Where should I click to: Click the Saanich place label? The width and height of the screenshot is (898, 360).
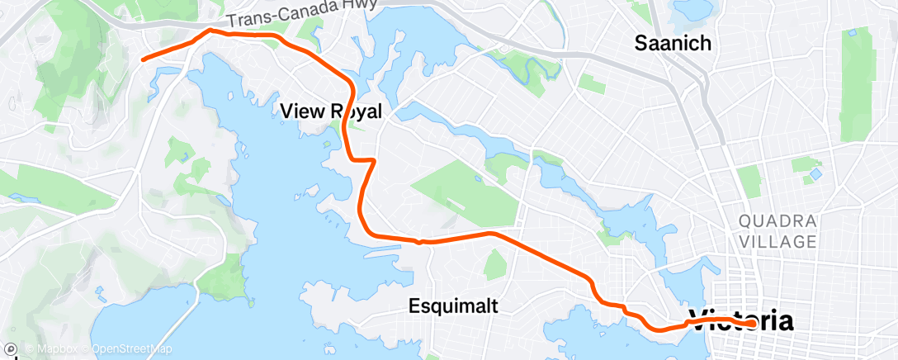click(x=672, y=43)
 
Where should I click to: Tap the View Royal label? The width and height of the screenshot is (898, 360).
click(x=330, y=111)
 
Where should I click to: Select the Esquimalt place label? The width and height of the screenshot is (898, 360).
click(x=454, y=306)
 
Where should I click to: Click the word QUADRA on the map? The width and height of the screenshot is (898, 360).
click(x=778, y=221)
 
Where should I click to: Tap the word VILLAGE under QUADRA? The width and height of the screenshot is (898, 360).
click(x=778, y=242)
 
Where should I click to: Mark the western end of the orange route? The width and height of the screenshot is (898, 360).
click(x=143, y=59)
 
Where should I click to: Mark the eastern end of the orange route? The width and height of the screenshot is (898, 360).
click(x=754, y=323)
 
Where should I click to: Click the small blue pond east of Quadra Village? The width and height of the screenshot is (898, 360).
click(x=815, y=175)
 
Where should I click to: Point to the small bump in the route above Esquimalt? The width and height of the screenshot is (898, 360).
click(x=420, y=241)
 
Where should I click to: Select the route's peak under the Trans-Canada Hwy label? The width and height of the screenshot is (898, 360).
click(x=210, y=31)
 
